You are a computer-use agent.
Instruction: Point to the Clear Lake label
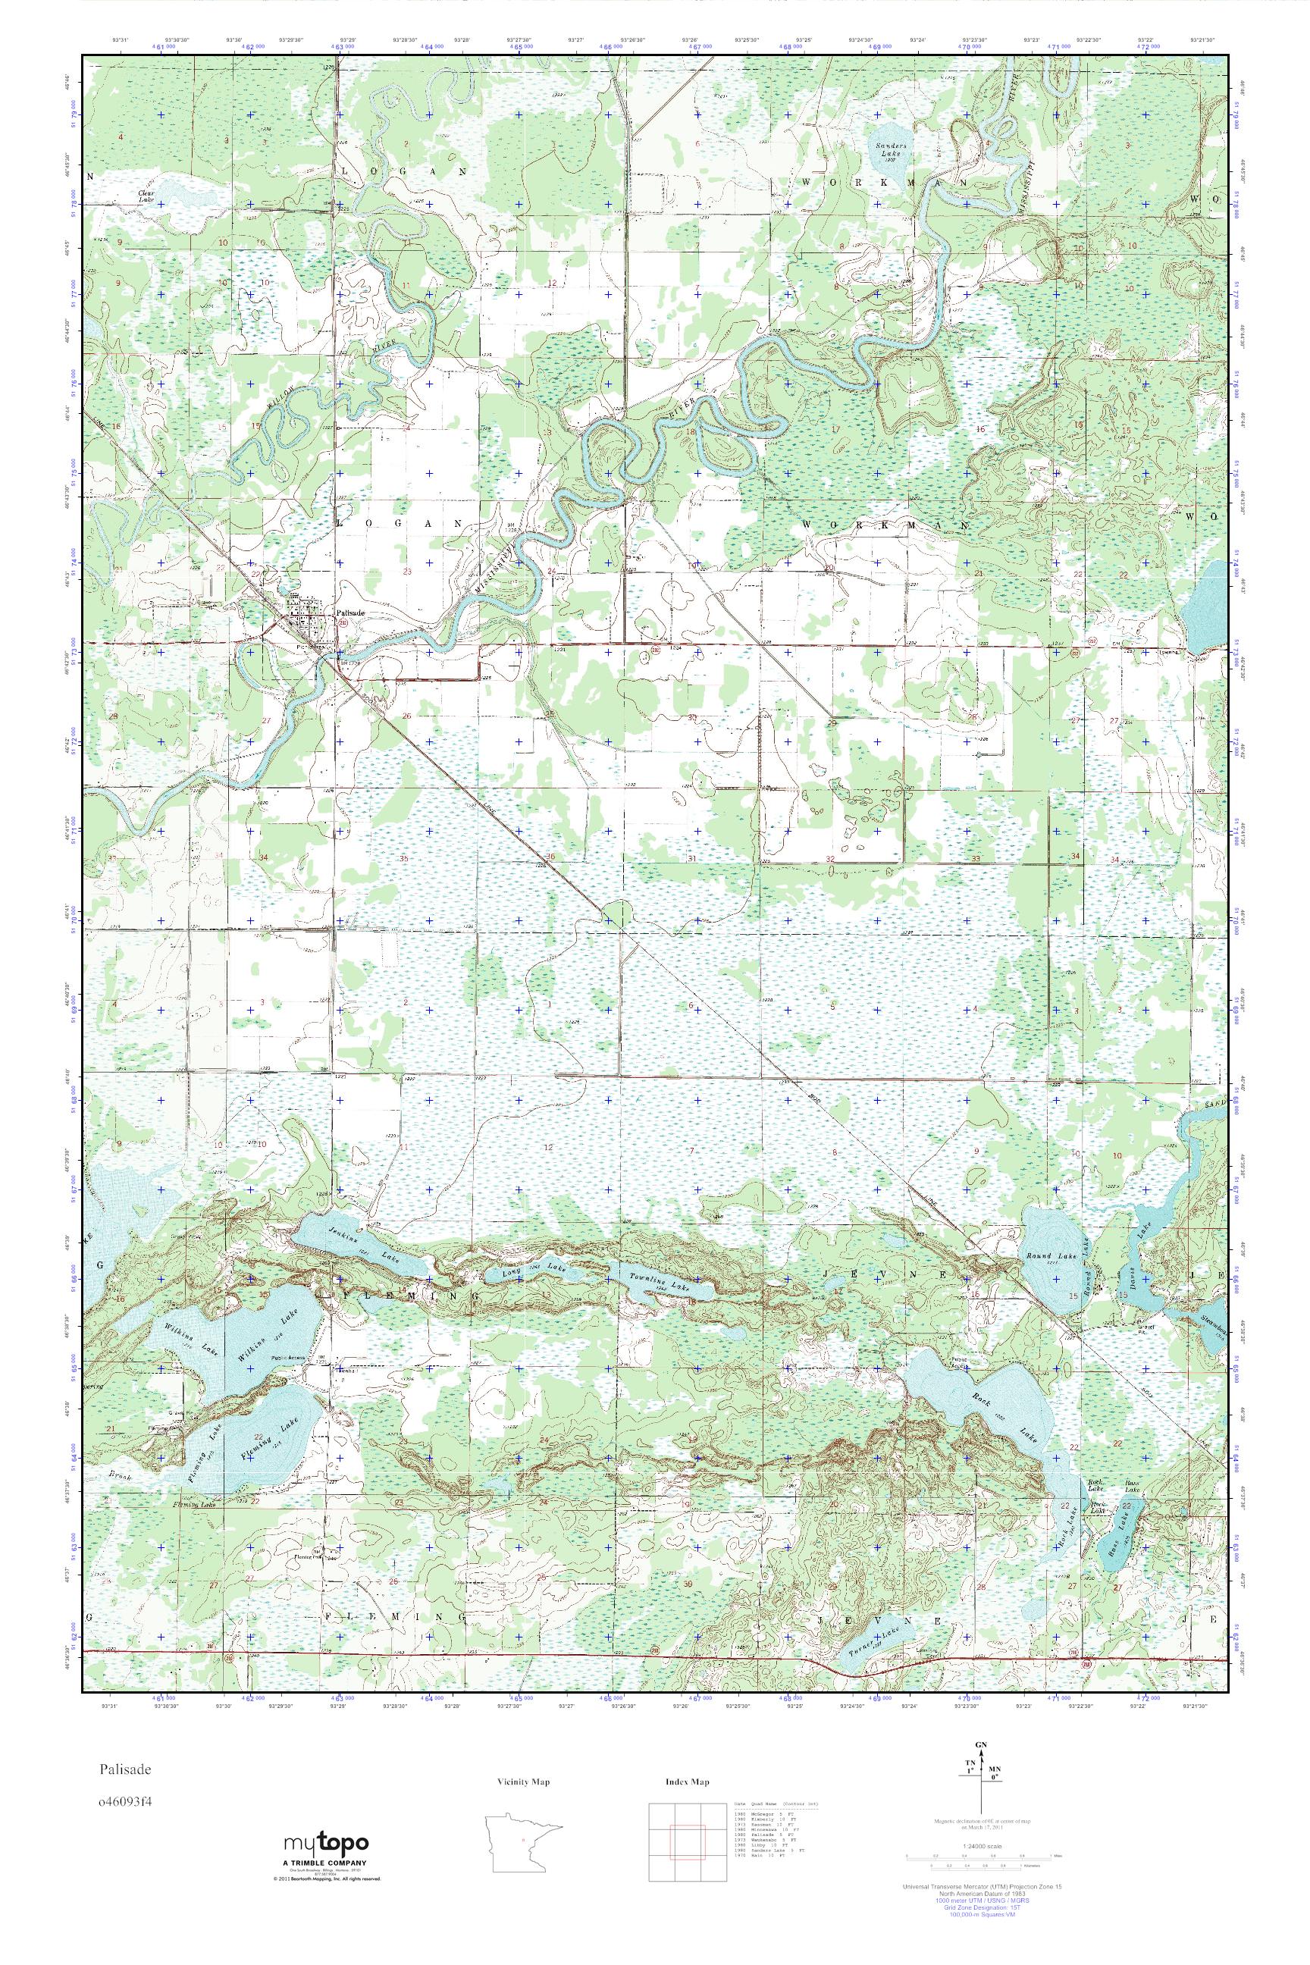click(x=147, y=197)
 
